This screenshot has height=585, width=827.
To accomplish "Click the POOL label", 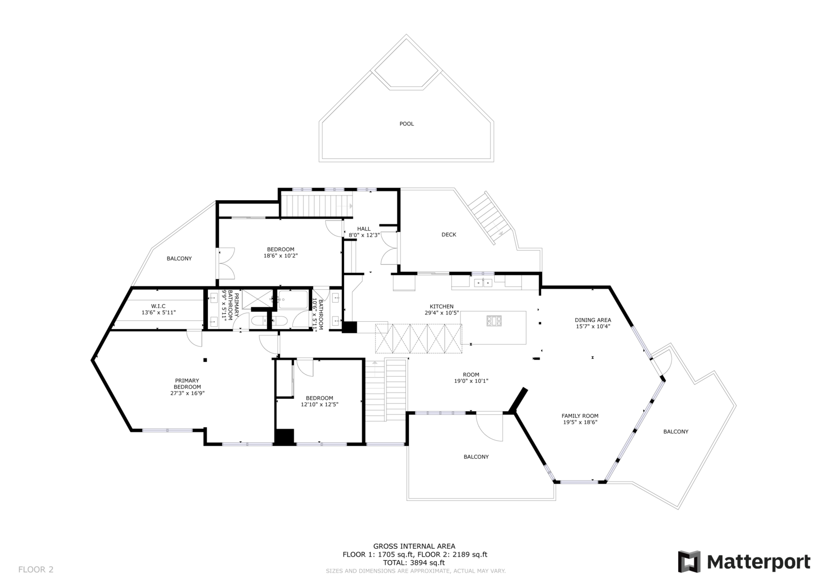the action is point(407,124).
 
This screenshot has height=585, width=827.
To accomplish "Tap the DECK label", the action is point(449,235).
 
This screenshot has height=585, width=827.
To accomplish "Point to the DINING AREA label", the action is point(593,320).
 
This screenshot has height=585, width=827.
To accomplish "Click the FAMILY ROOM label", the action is point(580,416).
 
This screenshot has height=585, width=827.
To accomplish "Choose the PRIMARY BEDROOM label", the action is point(187,384).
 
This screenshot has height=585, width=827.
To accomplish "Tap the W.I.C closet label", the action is point(158,306).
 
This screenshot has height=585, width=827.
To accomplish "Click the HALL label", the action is point(364,229).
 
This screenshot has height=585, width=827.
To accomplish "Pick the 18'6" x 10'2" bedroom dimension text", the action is point(281,256).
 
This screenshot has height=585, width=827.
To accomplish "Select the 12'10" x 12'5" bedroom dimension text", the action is point(319,404).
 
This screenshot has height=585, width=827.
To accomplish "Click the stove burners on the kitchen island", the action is point(493,321).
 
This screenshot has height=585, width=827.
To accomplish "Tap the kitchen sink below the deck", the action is point(484,282).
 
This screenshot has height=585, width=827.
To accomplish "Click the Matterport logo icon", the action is point(689,562).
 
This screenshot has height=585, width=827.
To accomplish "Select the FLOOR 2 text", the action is point(36,569).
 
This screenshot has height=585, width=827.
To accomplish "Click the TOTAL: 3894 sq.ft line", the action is point(414,563).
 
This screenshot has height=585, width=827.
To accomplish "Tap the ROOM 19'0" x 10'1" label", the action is point(471,378).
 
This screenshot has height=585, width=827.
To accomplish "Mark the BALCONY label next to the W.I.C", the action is point(179,259).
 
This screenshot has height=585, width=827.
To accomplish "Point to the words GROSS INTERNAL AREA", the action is point(414,546).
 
